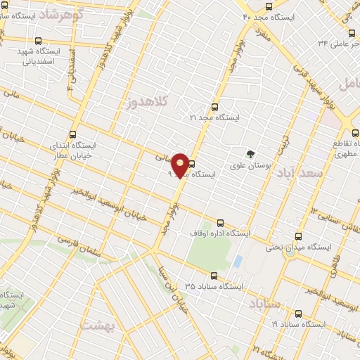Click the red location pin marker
181,165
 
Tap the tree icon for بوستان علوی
250,154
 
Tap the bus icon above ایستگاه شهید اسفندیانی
37,41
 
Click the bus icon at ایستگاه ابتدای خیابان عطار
72,134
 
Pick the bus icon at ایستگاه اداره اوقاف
220,222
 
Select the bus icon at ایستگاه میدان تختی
299,236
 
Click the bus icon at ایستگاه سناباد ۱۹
298,314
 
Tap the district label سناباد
264,303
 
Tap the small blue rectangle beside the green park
238,261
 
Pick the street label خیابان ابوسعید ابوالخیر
120,207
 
